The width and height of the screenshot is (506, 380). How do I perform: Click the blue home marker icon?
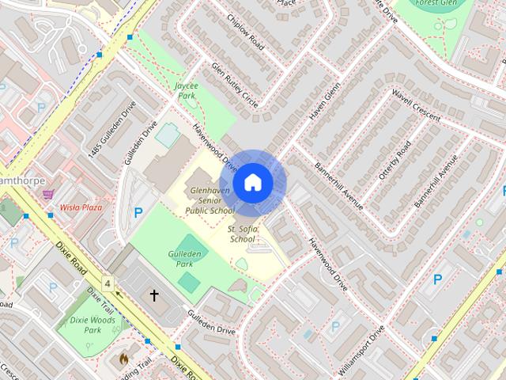point(253,183)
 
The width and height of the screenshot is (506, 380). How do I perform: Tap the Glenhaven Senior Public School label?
point(210,201)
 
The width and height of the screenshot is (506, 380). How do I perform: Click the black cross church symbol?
point(154,295)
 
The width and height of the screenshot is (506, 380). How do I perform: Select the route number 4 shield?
point(107,283)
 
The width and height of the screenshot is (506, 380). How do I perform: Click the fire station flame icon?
point(123,359)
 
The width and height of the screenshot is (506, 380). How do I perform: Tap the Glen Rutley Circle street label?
point(235,86)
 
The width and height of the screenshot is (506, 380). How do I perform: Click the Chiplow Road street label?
point(244,31)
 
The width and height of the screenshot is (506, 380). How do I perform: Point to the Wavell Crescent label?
point(415,106)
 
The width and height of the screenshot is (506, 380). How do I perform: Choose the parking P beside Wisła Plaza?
point(138,213)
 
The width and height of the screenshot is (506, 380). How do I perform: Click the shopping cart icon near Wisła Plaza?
point(48,193)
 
